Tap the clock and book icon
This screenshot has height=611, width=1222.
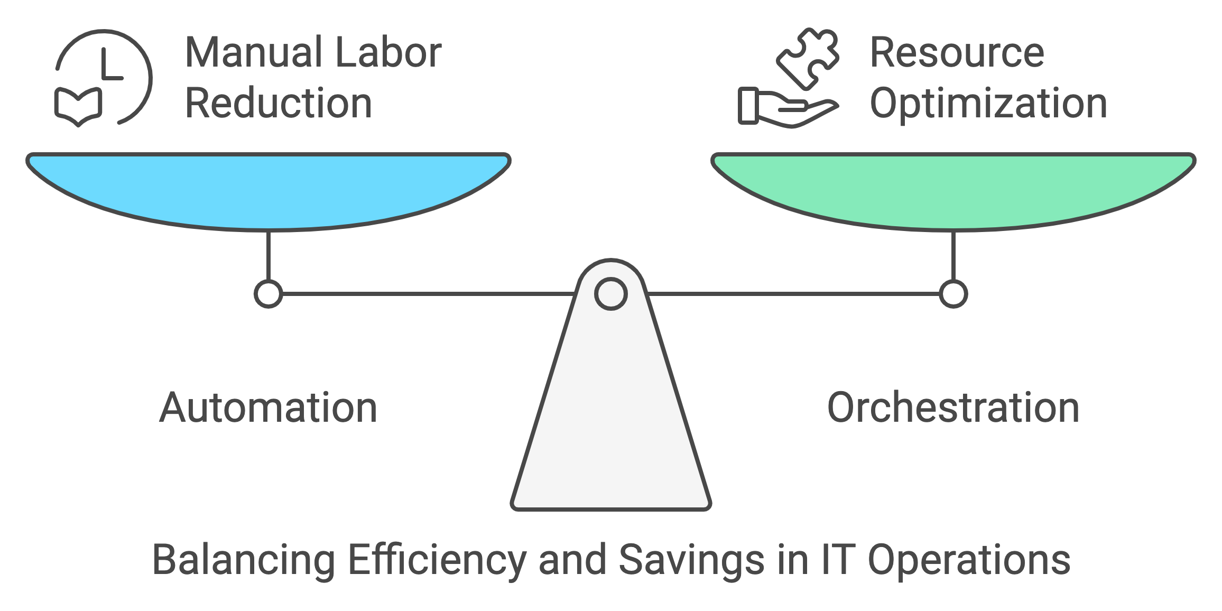(103, 78)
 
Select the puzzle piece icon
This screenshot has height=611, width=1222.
(808, 57)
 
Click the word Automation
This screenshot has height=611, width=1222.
(269, 408)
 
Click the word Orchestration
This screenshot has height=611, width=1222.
(953, 408)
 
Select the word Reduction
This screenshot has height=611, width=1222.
(279, 103)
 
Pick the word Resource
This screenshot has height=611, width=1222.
(957, 52)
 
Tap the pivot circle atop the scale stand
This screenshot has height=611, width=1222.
(610, 294)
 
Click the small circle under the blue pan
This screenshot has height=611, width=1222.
(269, 294)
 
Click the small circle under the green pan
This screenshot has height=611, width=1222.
(953, 294)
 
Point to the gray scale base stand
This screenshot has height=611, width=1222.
(610, 423)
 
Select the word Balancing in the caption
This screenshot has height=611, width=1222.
(244, 560)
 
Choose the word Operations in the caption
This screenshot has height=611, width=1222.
(969, 560)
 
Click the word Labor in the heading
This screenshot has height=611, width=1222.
(388, 52)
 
